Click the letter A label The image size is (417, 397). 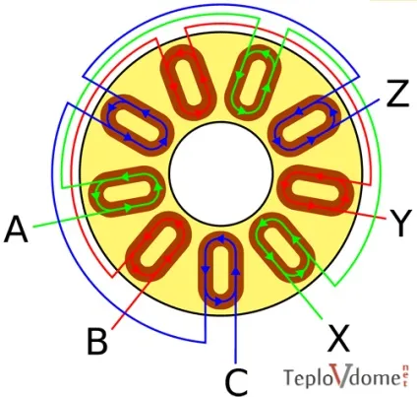16,229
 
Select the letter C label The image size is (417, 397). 236,382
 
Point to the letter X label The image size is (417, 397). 338,338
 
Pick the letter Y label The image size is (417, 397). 399,223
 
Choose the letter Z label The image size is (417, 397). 397,93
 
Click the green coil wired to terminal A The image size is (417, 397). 128,191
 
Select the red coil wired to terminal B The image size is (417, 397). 158,246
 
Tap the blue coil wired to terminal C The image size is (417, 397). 220,270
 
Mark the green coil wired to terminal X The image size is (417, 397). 282,248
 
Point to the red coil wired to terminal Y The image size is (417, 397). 316,190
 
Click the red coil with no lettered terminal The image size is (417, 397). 188,82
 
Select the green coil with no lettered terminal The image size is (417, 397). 254,82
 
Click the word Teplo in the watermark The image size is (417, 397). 307,377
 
